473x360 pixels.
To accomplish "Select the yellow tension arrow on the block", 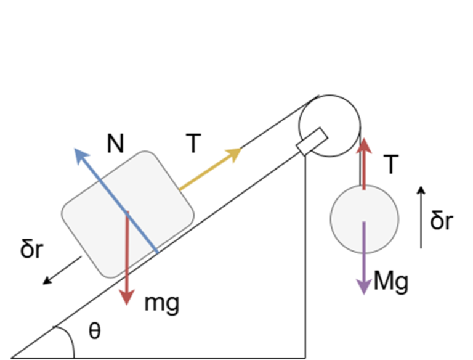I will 209,169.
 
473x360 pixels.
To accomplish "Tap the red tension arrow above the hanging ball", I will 365,163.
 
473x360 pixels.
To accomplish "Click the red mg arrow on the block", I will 127,271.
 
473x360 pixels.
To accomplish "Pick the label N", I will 115,144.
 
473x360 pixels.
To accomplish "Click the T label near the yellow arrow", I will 193,144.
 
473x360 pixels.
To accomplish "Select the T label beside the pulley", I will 390,165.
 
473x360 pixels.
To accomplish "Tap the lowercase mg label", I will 161,303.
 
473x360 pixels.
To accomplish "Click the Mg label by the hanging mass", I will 392,282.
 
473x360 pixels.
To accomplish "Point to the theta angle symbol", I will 94,332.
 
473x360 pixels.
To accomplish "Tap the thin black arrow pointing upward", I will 421,216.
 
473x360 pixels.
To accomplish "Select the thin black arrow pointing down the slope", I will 62,270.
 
